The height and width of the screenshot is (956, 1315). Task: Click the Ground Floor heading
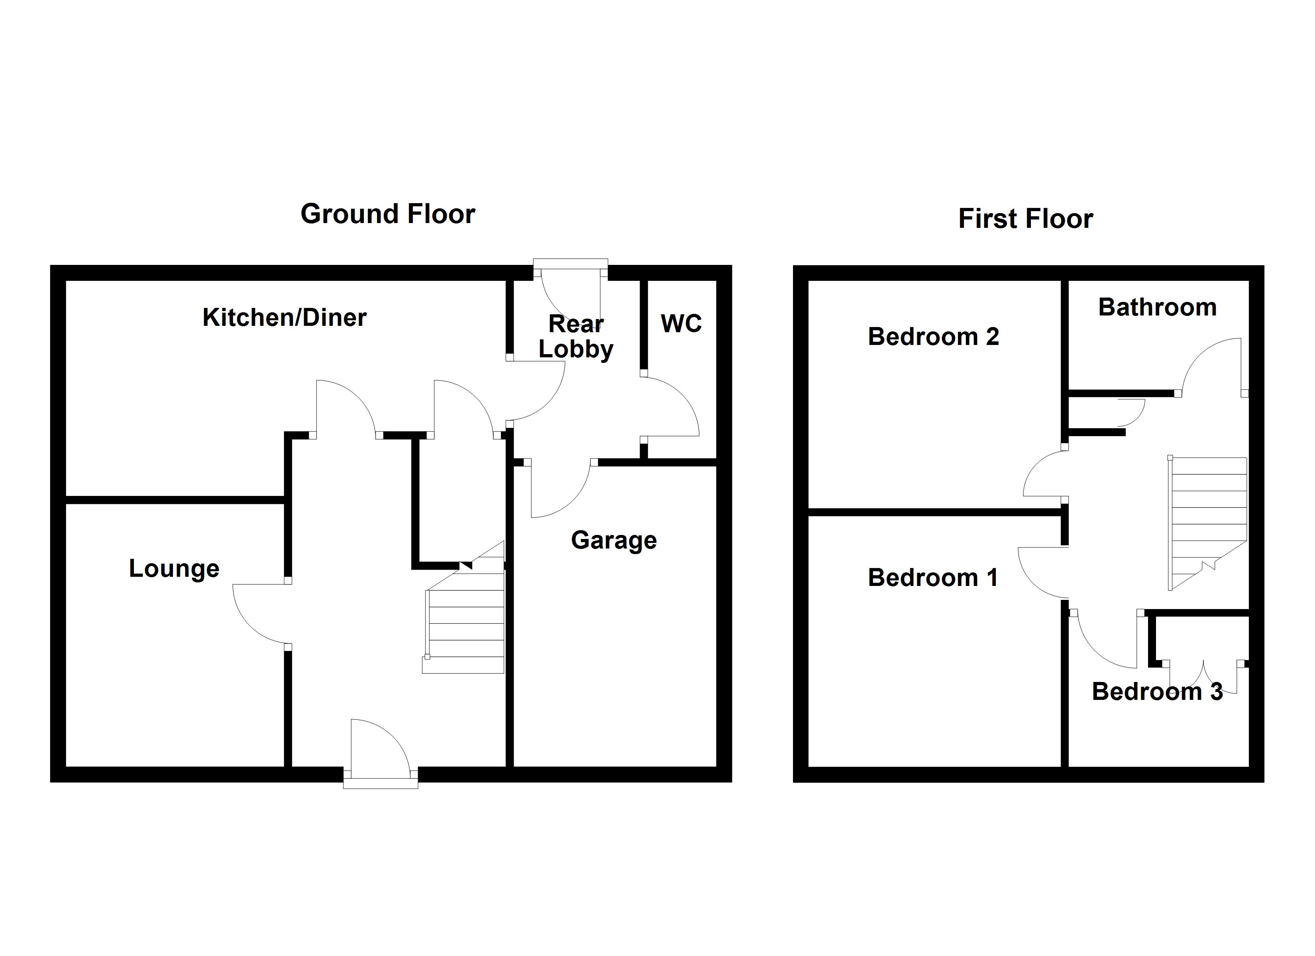click(x=387, y=214)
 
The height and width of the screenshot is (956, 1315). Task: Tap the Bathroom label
click(x=1157, y=307)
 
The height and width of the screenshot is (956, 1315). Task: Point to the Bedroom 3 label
click(x=1157, y=692)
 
